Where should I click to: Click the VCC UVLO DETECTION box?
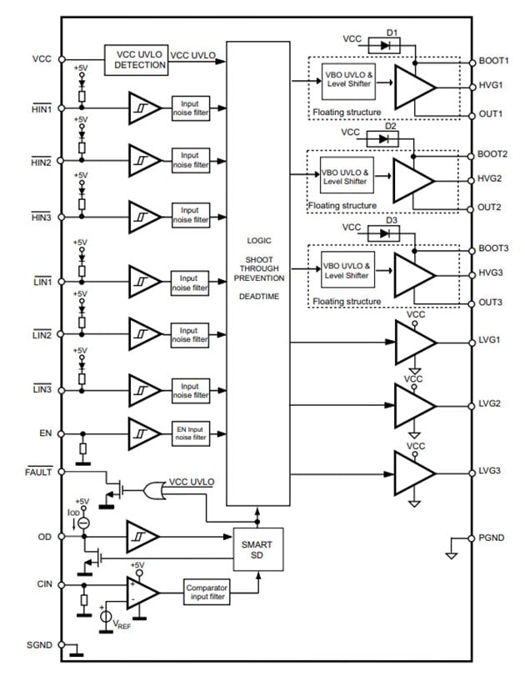point(137,59)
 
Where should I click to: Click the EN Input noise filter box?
point(190,433)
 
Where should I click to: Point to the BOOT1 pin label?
point(493,62)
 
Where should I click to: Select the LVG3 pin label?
point(490,471)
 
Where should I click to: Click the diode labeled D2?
point(384,138)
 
